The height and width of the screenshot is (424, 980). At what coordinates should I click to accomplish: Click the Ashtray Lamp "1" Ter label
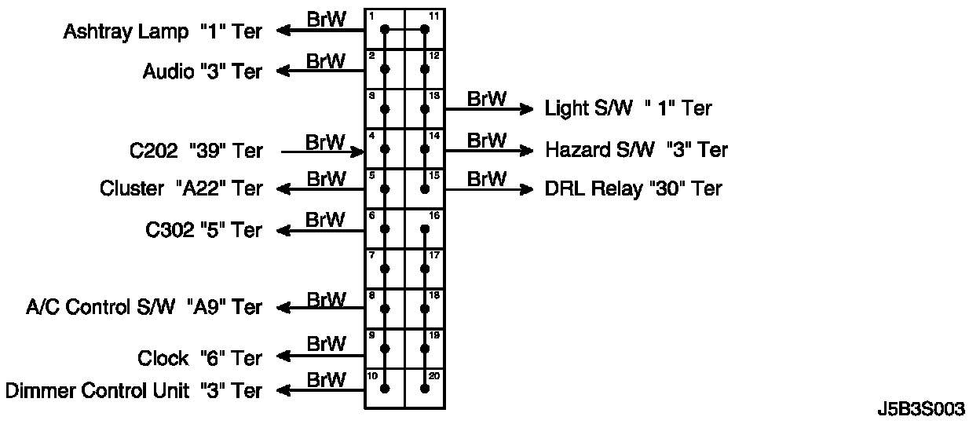coord(163,32)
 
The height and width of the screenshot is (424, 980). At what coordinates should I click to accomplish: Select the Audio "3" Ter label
coord(203,71)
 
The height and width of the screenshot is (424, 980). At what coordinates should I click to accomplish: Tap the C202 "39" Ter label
coord(196,151)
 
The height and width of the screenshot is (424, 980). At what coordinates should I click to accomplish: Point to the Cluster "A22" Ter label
coord(181,189)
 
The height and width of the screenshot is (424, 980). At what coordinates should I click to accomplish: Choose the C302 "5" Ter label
coord(203,230)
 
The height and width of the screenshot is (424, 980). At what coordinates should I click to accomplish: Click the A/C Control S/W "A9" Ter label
coord(144,307)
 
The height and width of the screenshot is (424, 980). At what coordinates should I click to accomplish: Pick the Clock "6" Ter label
coord(199,358)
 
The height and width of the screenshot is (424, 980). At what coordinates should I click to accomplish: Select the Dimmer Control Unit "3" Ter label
coord(133,390)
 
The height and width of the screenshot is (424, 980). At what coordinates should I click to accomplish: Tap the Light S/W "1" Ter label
coord(628,108)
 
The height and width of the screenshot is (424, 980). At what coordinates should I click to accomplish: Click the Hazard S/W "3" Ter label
coord(636,149)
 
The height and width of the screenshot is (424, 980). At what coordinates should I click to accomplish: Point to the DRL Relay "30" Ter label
coord(633,188)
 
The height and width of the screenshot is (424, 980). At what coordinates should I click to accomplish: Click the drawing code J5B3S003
coord(921,409)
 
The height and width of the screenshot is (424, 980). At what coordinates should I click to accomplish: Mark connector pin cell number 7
coord(385,269)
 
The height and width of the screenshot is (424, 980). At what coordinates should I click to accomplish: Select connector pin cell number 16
coord(425,228)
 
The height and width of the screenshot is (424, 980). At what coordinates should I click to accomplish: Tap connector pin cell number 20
coord(425,388)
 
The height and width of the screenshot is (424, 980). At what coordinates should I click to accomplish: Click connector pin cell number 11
coord(425,30)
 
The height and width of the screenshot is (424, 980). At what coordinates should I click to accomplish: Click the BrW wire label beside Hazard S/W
coord(487,141)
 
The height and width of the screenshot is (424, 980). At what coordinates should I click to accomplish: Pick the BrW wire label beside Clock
coord(326,344)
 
